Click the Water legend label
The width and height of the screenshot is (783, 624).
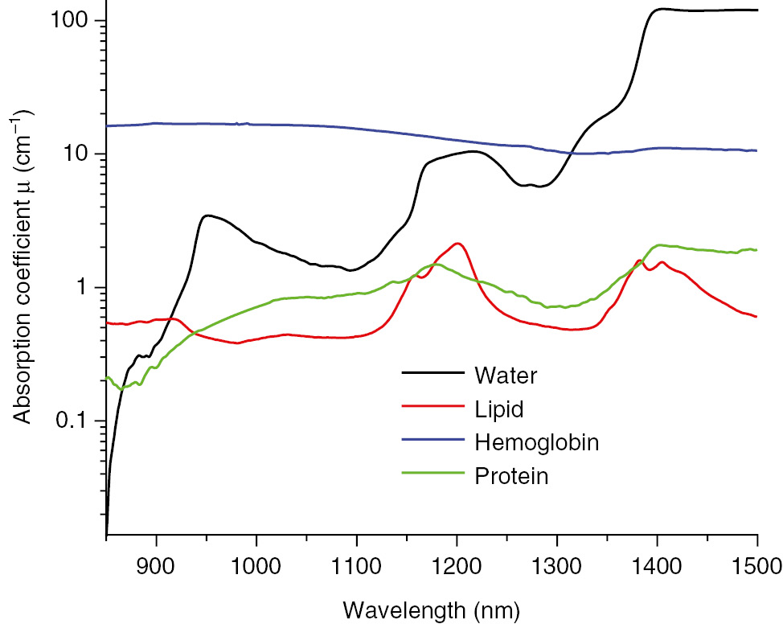point(505,375)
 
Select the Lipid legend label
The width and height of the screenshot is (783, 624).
point(498,408)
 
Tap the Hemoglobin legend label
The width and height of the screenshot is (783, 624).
point(537,442)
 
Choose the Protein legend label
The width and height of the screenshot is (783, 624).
point(511,476)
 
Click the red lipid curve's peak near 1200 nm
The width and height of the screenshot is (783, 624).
point(457,243)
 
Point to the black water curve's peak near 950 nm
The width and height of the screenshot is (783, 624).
point(207,216)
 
